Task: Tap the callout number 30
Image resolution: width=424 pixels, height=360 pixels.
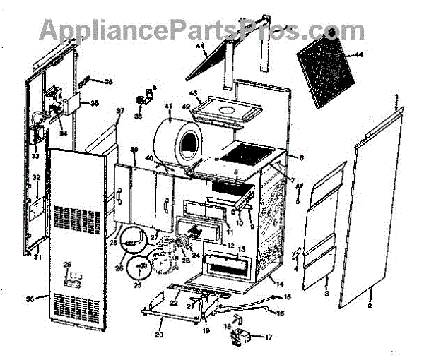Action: pyautogui.click(x=30, y=299)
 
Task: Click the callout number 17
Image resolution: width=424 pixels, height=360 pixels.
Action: pyautogui.click(x=268, y=337)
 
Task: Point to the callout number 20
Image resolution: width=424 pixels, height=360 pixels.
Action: pyautogui.click(x=158, y=335)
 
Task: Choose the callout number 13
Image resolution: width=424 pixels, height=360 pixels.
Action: pyautogui.click(x=241, y=250)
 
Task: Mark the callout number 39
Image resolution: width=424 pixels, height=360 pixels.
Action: pyautogui.click(x=134, y=150)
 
